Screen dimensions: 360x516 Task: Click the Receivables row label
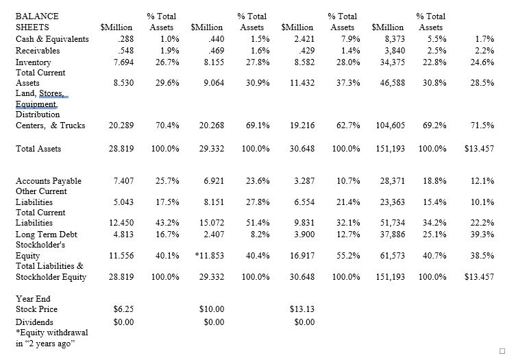(x=37, y=51)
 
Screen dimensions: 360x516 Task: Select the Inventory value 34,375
(x=392, y=62)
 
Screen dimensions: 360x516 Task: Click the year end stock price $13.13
(x=302, y=309)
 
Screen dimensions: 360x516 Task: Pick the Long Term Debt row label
(x=46, y=235)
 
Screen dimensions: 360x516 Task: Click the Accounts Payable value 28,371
(x=392, y=181)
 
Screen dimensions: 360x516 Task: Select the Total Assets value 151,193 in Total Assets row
(x=390, y=149)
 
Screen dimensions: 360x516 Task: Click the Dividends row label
(x=34, y=322)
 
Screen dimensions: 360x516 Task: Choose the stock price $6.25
(x=122, y=309)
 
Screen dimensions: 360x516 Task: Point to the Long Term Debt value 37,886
(x=392, y=235)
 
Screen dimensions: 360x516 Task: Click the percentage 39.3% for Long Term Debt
(x=481, y=235)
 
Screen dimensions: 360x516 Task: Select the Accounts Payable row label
(x=48, y=181)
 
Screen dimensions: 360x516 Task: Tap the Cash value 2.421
(x=302, y=39)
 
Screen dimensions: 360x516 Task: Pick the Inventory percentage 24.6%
(x=481, y=62)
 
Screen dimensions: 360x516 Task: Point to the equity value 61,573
(x=392, y=256)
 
